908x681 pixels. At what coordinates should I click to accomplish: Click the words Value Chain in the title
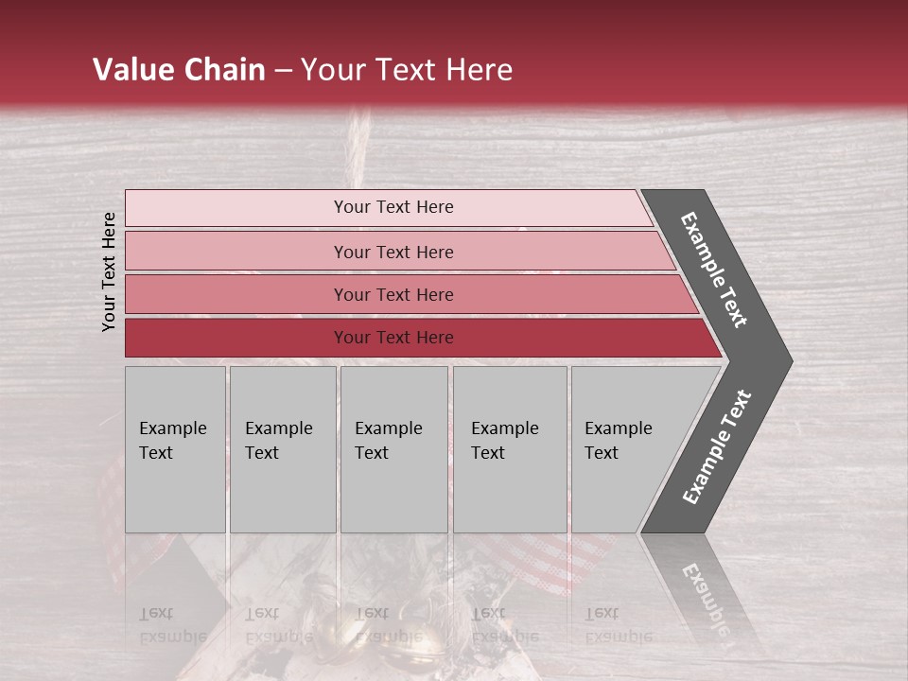pyautogui.click(x=179, y=70)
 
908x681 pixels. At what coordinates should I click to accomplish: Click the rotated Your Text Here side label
pyautogui.click(x=109, y=271)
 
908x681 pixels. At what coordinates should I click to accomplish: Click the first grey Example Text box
pyautogui.click(x=175, y=449)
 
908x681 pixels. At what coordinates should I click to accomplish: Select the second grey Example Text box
pyautogui.click(x=282, y=449)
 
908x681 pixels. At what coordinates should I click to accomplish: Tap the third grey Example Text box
pyautogui.click(x=393, y=449)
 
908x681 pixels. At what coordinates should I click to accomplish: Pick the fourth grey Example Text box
pyautogui.click(x=510, y=449)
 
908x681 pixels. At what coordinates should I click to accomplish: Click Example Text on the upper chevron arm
pyautogui.click(x=714, y=270)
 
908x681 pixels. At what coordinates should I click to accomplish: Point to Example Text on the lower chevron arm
pyautogui.click(x=717, y=447)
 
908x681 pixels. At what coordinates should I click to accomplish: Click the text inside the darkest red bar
pyautogui.click(x=393, y=338)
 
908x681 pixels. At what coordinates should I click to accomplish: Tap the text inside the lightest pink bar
pyautogui.click(x=393, y=207)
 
